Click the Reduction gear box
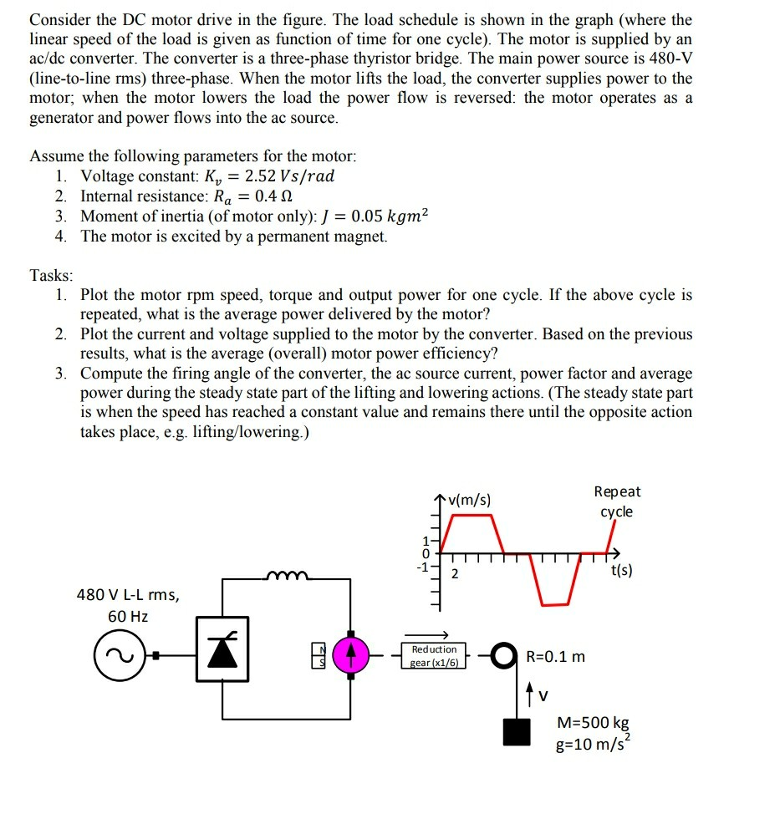pyautogui.click(x=435, y=655)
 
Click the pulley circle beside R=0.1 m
pyautogui.click(x=504, y=655)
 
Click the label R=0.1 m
pyautogui.click(x=556, y=656)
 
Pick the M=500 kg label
pyautogui.click(x=593, y=724)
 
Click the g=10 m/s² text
pyautogui.click(x=594, y=743)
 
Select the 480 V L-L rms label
pyautogui.click(x=127, y=594)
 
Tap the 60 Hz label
pyautogui.click(x=127, y=616)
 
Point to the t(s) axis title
pyautogui.click(x=621, y=572)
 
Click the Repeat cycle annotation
pyautogui.click(x=617, y=501)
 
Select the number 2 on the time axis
pyautogui.click(x=455, y=573)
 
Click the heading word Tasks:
pyautogui.click(x=52, y=275)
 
